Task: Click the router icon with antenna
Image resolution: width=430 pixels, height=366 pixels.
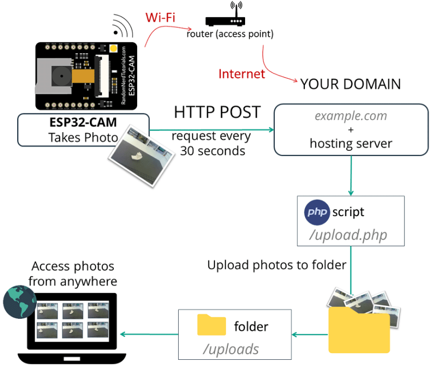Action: (x=224, y=18)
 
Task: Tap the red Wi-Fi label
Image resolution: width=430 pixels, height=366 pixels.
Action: (x=160, y=18)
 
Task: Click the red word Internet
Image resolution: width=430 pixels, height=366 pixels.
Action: (x=241, y=74)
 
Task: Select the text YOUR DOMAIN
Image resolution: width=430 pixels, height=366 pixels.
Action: (x=351, y=84)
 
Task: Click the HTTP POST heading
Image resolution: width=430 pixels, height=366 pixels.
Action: (x=217, y=112)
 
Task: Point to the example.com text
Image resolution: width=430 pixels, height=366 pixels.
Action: (x=351, y=116)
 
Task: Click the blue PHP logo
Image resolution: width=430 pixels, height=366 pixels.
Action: (x=317, y=212)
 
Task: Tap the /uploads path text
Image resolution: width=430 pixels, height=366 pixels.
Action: (x=231, y=349)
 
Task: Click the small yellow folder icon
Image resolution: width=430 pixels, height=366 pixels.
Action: (x=211, y=325)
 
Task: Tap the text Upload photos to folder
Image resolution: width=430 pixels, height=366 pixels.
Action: (x=276, y=265)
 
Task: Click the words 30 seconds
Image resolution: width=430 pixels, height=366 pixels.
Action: (x=212, y=151)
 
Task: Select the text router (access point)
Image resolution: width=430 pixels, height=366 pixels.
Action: (x=230, y=34)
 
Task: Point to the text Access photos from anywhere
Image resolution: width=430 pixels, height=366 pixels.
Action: (x=73, y=274)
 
